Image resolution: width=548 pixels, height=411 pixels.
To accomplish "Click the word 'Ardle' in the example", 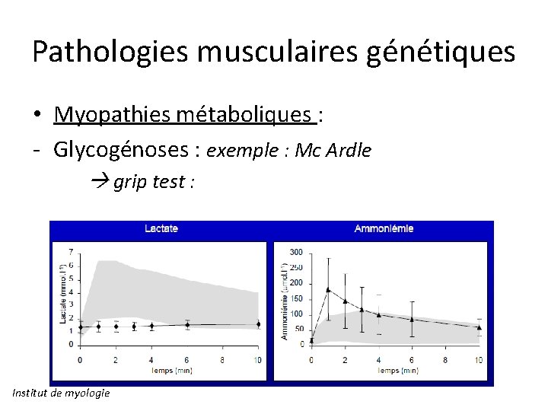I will coord(349,151).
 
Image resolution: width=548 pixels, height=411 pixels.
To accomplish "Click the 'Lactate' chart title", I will coord(161,228).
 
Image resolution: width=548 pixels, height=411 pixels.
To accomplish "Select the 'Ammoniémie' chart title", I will coord(384,228).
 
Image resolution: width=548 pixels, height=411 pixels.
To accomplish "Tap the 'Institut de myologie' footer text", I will coord(61,393).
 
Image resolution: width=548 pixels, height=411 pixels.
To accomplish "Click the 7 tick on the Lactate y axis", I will coord(71,251).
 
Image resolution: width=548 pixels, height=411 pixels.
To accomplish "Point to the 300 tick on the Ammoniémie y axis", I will coord(296,252).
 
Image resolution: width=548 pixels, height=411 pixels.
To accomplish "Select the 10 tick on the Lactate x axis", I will coord(258,359).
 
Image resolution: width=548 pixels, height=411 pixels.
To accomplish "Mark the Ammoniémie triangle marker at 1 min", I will coord(328,289).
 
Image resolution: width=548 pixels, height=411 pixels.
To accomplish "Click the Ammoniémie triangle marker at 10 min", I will coord(479,327).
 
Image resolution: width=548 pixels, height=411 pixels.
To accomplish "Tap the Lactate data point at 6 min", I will coord(187,325).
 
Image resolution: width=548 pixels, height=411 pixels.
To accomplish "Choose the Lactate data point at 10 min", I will coord(258,324).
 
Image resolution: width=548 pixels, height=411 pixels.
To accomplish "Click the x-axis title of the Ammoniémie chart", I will coord(395,371).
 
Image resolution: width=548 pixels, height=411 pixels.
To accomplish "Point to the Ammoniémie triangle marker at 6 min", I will coord(412,319).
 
